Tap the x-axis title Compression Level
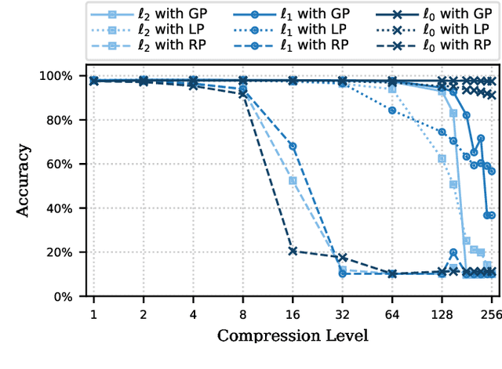(292, 335)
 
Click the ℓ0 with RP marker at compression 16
(293, 251)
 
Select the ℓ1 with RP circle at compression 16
(293, 147)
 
